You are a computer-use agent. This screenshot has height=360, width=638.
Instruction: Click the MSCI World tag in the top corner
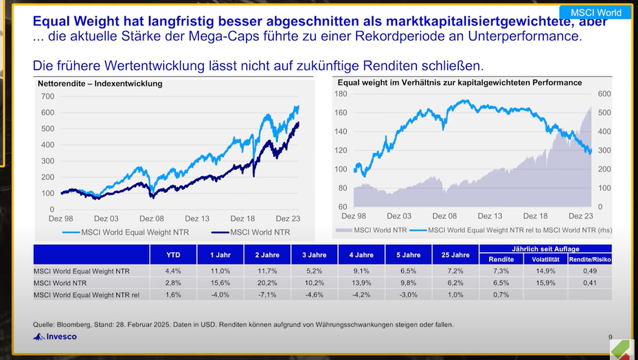pos(595,12)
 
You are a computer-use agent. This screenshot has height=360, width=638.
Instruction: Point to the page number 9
pos(610,337)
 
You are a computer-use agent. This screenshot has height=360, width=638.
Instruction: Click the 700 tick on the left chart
pos(47,97)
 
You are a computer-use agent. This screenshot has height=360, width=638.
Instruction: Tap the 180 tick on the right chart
pos(341,93)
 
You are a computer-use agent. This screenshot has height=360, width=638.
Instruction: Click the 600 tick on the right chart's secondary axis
pos(604,93)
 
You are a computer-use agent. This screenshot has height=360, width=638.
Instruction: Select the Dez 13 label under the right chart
pos(490,216)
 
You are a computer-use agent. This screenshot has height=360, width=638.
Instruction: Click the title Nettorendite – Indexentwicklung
pos(100,84)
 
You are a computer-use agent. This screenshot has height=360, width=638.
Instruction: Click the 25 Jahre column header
pos(455,255)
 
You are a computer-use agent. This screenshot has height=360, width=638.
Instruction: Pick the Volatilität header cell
pos(545,259)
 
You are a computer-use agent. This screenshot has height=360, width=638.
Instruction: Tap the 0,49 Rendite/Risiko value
pos(590,271)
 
